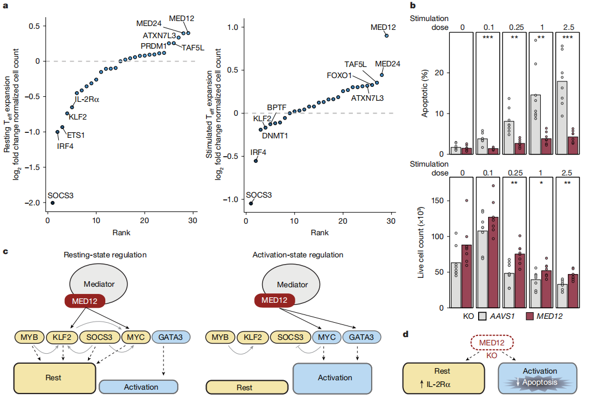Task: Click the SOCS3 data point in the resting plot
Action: [x=53, y=203]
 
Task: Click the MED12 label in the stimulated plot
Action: [x=383, y=27]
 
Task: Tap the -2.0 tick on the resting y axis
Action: [x=36, y=203]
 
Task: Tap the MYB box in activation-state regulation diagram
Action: [x=220, y=337]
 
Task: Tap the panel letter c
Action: [x=5, y=252]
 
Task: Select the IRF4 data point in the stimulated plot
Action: [x=255, y=161]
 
